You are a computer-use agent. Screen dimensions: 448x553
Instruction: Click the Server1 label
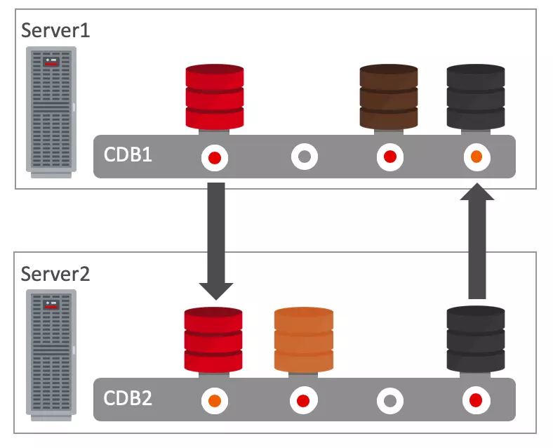coord(55,30)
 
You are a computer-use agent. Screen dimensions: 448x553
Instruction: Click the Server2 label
coord(55,273)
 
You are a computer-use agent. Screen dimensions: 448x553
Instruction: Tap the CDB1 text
coord(128,155)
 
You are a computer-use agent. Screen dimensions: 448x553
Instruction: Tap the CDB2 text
coord(128,398)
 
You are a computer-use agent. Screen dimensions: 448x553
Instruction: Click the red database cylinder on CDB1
coord(215,97)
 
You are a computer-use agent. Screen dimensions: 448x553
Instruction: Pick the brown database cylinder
coord(389,97)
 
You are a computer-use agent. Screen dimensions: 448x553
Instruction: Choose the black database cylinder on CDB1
coord(476,97)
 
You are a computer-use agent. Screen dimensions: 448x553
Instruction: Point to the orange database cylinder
coord(303,340)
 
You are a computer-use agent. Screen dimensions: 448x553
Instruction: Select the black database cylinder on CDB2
coord(476,340)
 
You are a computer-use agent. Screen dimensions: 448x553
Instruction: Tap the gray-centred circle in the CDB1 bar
coord(304,157)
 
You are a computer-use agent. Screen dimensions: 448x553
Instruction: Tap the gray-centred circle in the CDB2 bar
coord(389,401)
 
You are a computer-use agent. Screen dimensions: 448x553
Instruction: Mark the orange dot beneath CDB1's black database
coord(477,157)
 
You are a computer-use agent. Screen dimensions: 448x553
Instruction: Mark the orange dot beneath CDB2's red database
coord(214,401)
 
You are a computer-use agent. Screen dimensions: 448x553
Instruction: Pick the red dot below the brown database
coord(389,157)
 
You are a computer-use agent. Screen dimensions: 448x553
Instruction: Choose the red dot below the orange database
coord(303,401)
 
